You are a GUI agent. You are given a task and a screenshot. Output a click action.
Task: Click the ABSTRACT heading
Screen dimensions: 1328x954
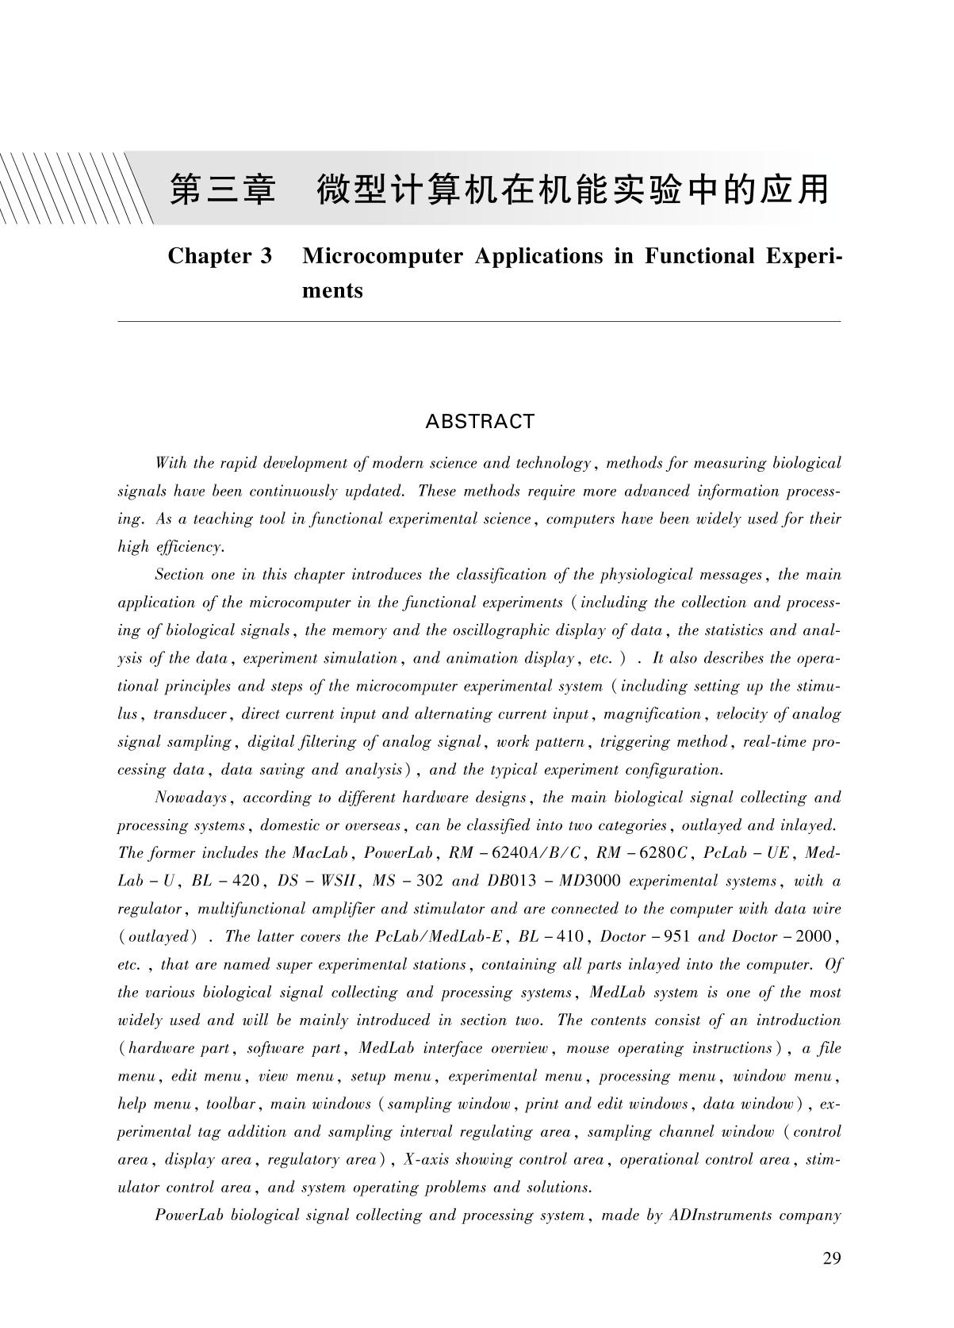pos(480,422)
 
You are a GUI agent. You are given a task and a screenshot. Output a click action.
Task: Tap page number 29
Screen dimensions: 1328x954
pos(831,1258)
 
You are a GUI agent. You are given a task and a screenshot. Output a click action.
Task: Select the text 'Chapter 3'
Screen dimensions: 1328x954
pos(220,256)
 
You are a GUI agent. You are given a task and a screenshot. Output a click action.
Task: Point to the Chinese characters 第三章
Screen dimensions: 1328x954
pos(223,190)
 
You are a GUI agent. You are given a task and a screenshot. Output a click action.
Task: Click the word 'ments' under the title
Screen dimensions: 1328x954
pos(332,290)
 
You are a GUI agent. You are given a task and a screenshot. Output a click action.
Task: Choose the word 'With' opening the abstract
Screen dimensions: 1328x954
pos(170,463)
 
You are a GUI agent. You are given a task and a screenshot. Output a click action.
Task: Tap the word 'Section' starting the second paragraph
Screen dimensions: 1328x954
pos(178,575)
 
